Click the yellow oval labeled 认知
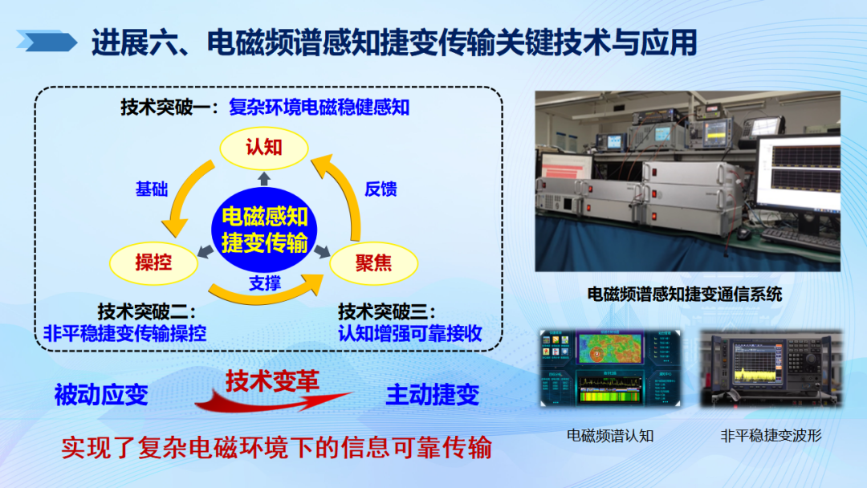coord(264,147)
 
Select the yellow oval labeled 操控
coord(153,261)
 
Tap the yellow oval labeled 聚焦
coord(373,262)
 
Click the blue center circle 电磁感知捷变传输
coord(264,230)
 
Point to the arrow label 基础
coord(152,189)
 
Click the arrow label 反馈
coord(381,189)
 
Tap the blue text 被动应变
coord(101,394)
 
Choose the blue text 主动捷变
coord(433,394)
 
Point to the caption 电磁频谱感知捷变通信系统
coord(685,294)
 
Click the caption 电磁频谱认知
coord(610,436)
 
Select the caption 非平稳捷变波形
coord(771,436)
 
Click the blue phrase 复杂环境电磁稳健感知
coord(320,107)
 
